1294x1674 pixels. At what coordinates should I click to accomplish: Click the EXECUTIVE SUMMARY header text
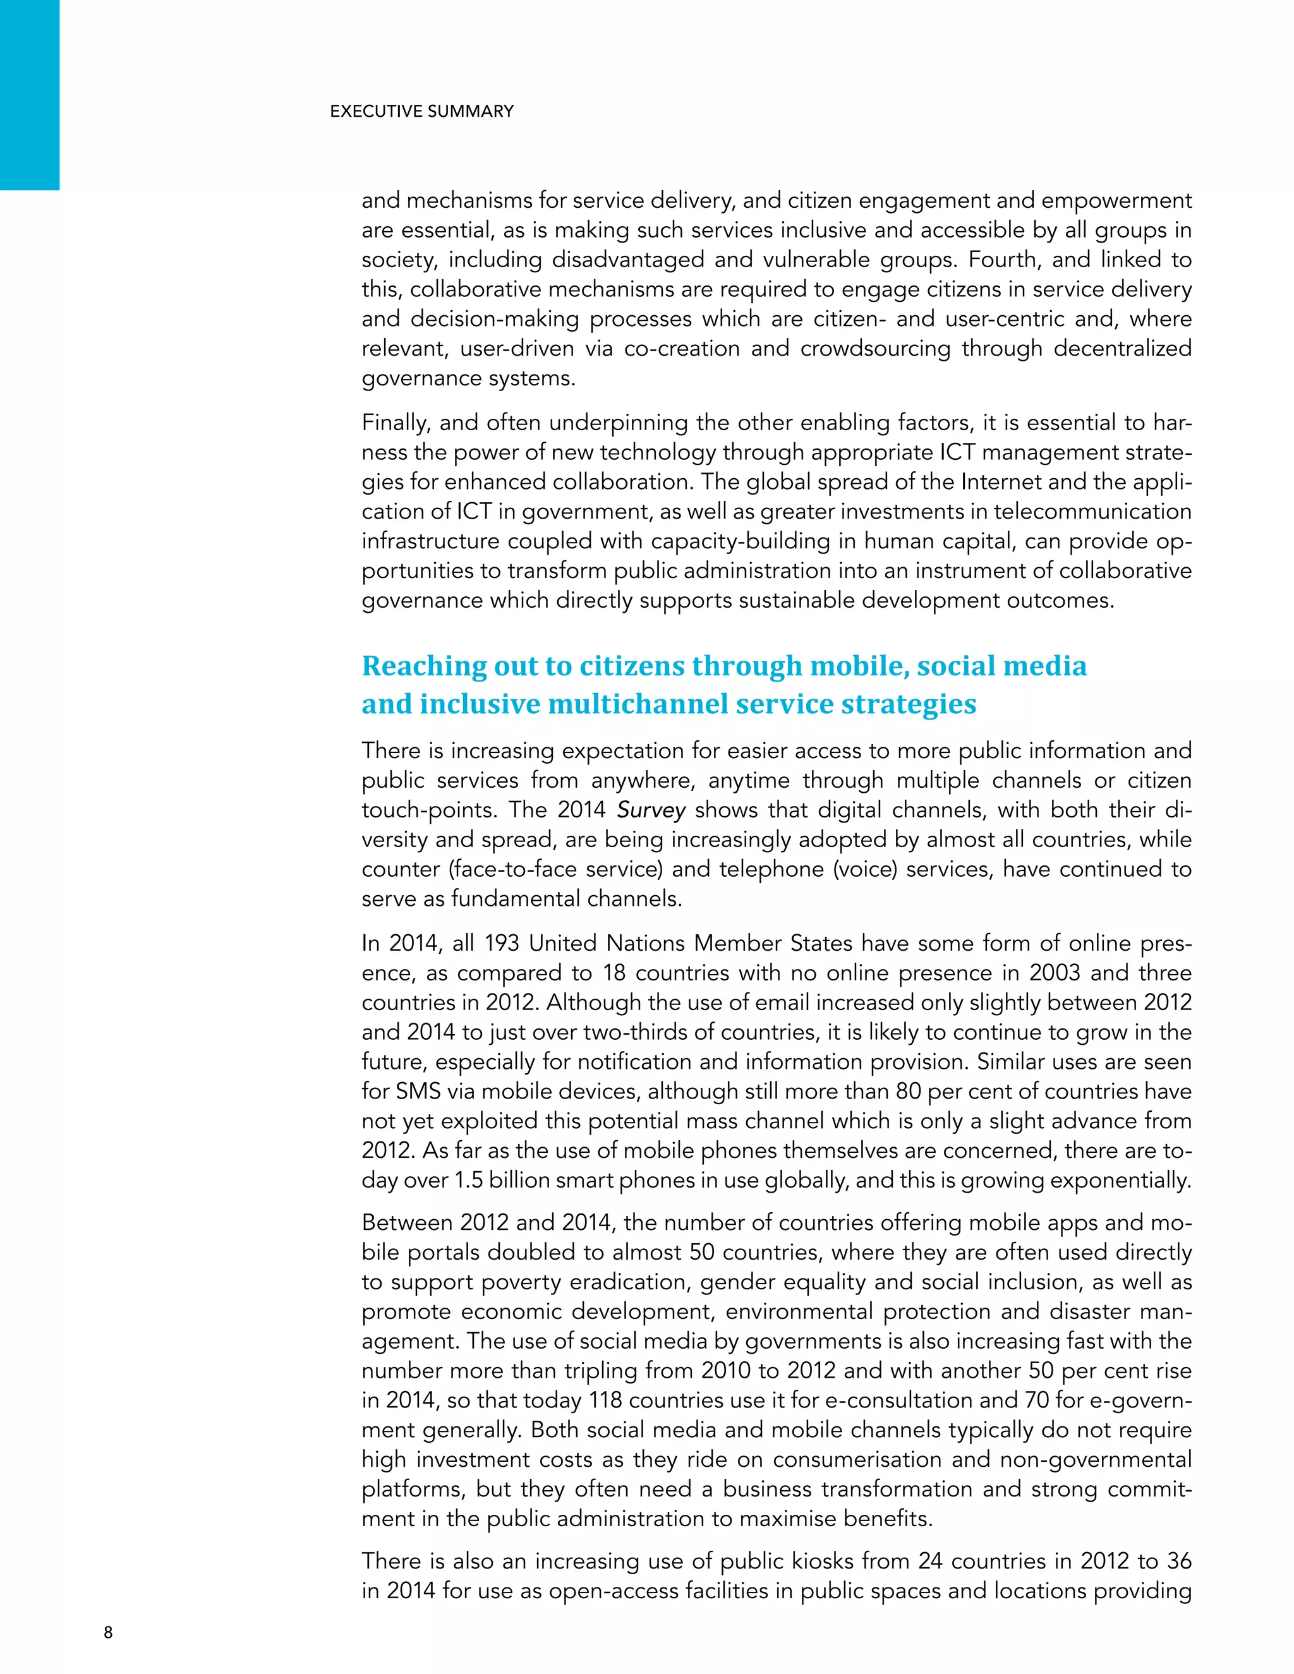(421, 111)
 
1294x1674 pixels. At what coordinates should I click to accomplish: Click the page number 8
(108, 1632)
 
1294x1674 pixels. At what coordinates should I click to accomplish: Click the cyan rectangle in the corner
(29, 94)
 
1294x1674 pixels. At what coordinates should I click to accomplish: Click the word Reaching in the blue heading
(423, 666)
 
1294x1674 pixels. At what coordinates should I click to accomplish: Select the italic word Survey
(651, 810)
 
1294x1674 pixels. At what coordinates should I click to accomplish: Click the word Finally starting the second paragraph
(396, 423)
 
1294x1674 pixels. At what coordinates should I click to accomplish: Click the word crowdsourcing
(876, 349)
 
